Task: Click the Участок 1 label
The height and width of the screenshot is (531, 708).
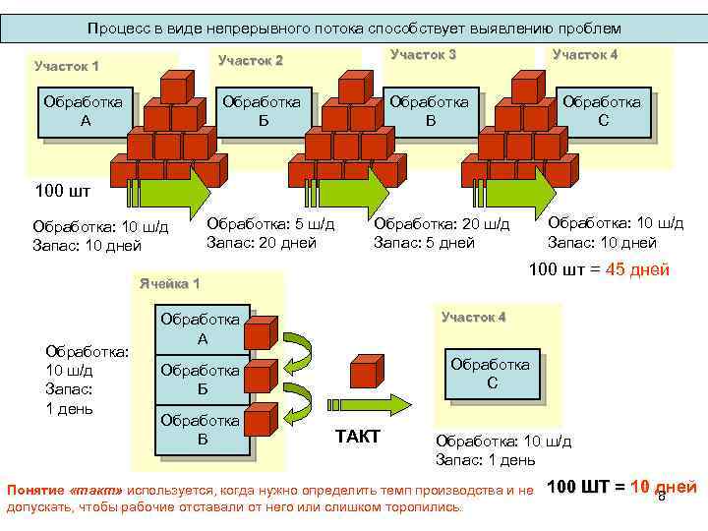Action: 66,67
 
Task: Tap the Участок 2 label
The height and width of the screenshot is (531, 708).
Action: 250,61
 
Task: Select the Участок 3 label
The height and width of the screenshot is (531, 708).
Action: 423,55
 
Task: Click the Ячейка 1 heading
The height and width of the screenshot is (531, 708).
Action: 168,284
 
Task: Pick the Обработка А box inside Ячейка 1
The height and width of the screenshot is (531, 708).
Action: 202,329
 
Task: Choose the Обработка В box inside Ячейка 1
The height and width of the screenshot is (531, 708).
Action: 202,430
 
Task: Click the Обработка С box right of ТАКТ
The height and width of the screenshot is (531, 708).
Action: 491,374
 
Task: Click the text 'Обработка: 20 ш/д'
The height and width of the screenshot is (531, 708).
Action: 442,224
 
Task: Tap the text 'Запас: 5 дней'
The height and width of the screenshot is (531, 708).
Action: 425,243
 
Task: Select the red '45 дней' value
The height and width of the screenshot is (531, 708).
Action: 638,269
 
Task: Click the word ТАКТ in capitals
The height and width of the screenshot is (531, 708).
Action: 358,437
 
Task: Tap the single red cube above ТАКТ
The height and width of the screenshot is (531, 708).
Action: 365,373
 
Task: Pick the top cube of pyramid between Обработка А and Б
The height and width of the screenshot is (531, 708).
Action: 175,88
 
